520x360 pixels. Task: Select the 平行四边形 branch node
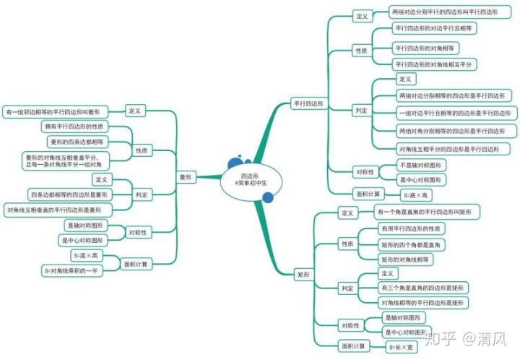tap(307, 103)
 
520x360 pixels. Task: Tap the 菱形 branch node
tap(186, 176)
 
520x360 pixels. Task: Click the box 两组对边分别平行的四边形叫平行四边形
tap(443, 12)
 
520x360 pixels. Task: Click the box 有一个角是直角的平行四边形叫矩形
tap(424, 212)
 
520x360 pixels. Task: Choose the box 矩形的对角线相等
tap(404, 258)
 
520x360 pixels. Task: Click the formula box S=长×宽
tap(402, 346)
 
